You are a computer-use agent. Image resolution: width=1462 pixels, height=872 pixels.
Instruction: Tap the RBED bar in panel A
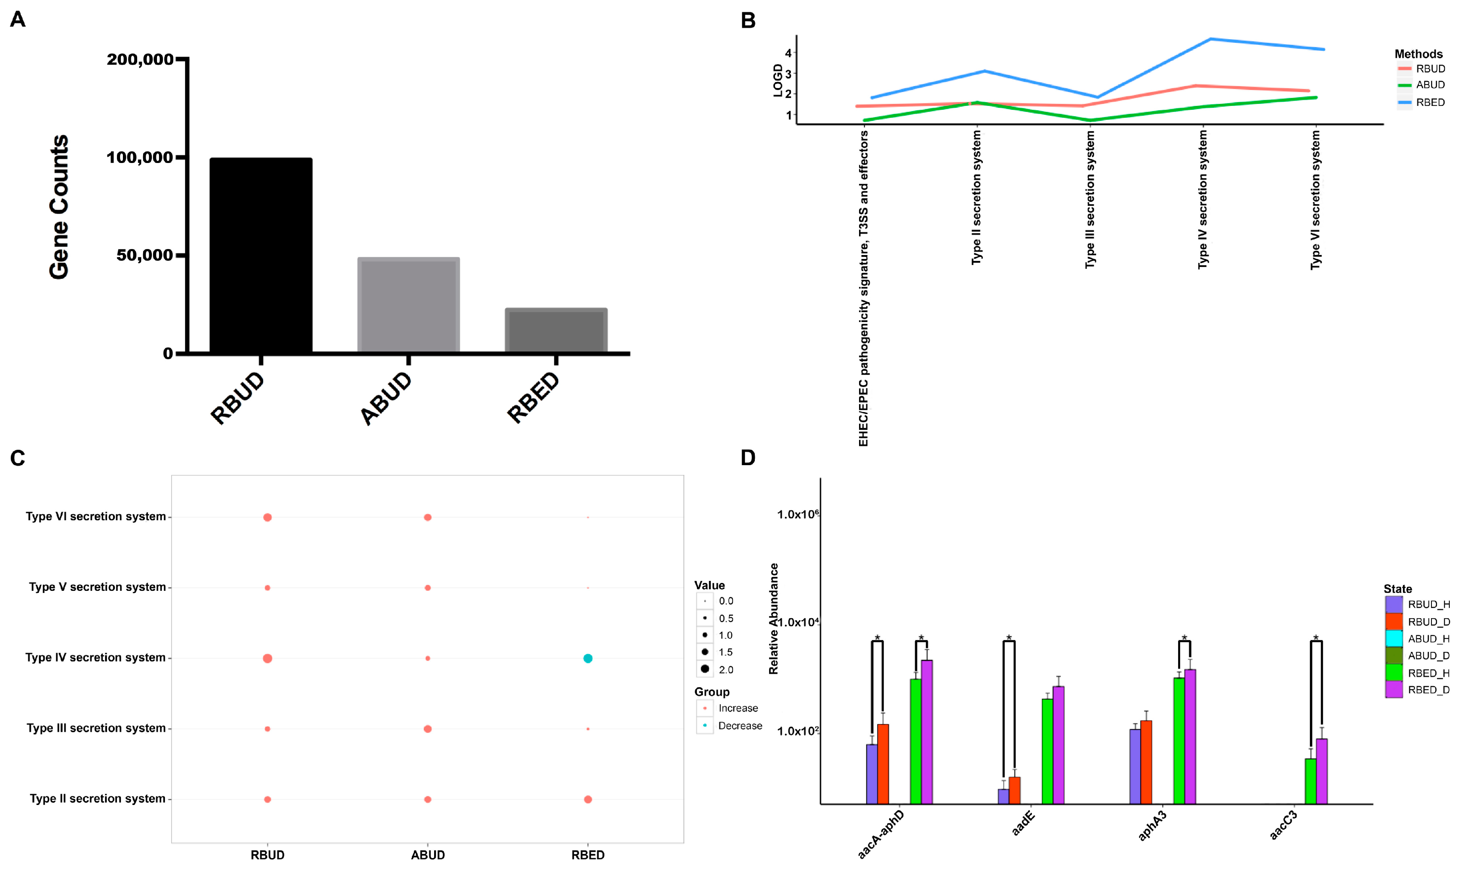coord(556,330)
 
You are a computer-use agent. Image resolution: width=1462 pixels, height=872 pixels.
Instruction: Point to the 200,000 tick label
coord(140,59)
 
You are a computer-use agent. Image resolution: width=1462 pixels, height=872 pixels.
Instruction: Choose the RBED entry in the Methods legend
coord(1430,102)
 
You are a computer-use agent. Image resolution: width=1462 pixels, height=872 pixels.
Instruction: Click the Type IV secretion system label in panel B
coord(1202,200)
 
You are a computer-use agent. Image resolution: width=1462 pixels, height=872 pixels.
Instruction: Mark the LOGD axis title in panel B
coord(778,80)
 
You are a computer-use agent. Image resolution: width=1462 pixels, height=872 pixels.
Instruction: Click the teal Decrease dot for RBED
coord(587,658)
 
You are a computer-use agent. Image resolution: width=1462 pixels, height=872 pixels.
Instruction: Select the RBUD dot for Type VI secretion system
coord(267,517)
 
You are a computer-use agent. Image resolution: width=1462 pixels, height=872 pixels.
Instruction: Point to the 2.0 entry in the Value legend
coord(725,669)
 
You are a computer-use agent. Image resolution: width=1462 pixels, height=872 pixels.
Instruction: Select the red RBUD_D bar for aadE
coord(1014,790)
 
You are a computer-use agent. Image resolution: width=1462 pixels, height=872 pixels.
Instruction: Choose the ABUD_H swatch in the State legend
coord(1393,639)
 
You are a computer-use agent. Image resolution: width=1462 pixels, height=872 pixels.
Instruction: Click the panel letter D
coord(748,458)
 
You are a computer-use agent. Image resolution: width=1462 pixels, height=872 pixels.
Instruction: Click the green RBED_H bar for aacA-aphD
coord(915,741)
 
